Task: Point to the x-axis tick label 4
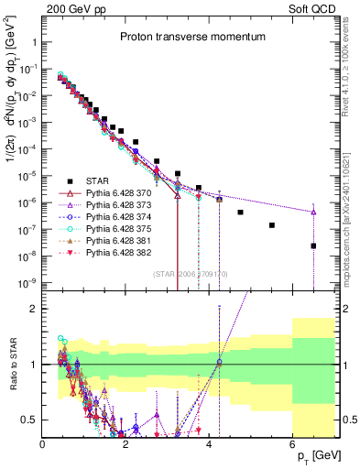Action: coord(209,443)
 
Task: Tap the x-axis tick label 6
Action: coord(292,443)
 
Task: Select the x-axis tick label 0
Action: coord(42,443)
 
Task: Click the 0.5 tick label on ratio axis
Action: coord(30,420)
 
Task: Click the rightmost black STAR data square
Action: coord(313,245)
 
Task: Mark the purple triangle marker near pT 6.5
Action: coord(313,213)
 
